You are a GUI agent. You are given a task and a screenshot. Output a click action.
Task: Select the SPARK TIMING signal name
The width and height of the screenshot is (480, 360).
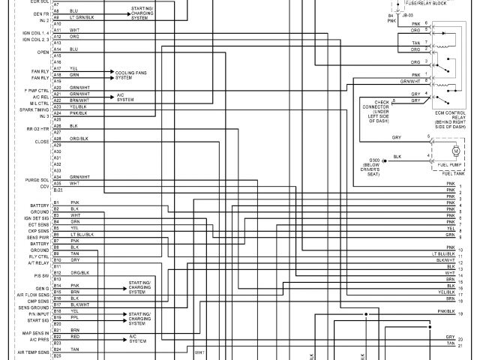(35, 110)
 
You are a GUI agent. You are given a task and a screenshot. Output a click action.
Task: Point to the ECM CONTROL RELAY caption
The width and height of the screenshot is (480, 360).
(450, 115)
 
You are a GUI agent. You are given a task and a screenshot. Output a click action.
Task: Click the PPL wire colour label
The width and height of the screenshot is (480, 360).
(74, 317)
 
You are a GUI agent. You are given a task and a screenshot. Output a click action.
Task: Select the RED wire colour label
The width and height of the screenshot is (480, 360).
(74, 337)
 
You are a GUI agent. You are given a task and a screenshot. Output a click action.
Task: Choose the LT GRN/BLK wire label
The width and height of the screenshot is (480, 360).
(82, 17)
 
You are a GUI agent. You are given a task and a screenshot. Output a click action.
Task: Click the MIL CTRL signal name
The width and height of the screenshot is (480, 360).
(38, 103)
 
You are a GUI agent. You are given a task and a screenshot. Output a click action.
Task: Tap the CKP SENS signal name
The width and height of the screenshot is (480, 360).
(38, 229)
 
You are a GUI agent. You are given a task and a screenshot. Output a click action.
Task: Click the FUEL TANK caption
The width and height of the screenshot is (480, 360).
(453, 173)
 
